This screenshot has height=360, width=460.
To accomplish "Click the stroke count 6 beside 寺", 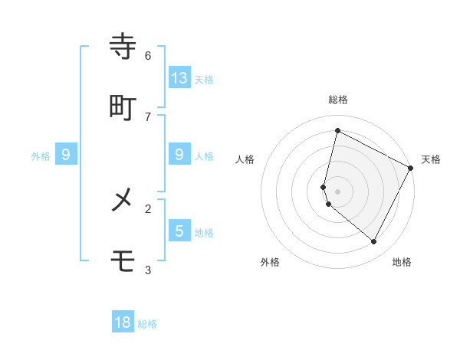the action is click(x=148, y=55).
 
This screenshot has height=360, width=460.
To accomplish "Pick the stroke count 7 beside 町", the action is click(x=148, y=116).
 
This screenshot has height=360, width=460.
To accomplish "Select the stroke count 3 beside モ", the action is click(x=148, y=270).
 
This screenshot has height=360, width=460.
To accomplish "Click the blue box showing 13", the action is click(x=179, y=77).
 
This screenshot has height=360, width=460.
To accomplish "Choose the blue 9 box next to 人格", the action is click(x=179, y=154).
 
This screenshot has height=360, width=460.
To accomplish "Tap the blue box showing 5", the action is click(x=179, y=231).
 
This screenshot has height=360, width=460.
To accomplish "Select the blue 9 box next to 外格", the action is click(x=66, y=154).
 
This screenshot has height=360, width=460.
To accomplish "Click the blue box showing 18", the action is click(x=123, y=322).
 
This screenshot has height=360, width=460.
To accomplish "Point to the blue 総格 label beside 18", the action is click(x=147, y=324).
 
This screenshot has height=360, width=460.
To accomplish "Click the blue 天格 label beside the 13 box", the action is click(x=204, y=79).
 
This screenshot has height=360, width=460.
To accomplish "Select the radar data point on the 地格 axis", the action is click(x=374, y=242).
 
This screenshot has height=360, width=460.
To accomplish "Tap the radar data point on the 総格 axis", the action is click(x=337, y=130).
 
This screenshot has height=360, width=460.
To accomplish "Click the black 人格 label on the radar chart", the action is click(x=245, y=159).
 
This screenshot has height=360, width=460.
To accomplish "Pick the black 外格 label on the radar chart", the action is click(x=270, y=262).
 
